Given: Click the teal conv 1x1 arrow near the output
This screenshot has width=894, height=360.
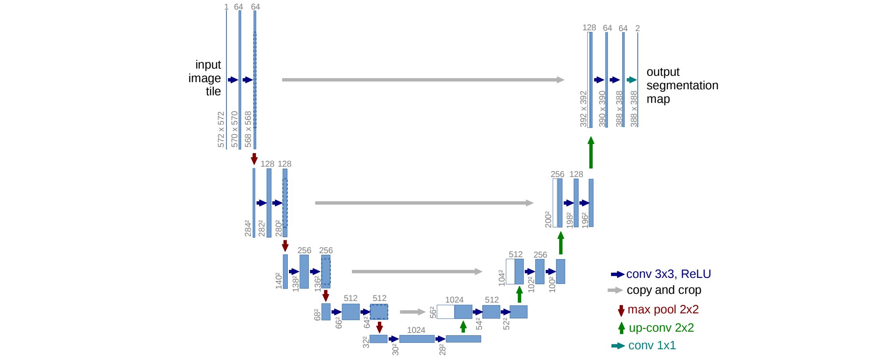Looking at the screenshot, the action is (x=632, y=80).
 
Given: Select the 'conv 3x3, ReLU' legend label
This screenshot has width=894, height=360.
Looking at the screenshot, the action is (x=668, y=274).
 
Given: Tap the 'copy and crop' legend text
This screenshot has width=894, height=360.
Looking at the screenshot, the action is (x=664, y=290).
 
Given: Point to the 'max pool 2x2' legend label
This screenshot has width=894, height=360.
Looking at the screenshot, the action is (x=663, y=309).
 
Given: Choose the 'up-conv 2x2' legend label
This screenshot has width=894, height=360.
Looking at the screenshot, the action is (x=662, y=328).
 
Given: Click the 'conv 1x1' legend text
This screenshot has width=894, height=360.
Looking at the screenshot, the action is (x=652, y=345).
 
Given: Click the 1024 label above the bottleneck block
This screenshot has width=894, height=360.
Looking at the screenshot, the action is (x=416, y=330).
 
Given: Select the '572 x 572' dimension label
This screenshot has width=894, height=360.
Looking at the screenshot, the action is (x=221, y=130).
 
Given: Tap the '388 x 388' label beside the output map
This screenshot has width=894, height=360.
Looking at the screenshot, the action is (x=634, y=109).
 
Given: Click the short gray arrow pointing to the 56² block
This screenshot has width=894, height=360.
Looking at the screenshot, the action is (x=413, y=312).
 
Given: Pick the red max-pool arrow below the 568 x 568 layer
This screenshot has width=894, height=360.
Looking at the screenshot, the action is (x=254, y=159).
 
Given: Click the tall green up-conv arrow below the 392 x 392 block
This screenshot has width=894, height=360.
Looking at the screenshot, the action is (x=591, y=152).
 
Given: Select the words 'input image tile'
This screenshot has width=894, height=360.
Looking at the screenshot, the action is (x=205, y=78).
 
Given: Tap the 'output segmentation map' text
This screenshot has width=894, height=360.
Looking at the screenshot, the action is (x=682, y=85).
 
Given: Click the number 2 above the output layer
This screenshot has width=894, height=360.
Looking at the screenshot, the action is (x=637, y=28).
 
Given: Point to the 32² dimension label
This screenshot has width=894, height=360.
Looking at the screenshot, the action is (x=366, y=342).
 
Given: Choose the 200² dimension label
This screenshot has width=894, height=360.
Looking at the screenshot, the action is (x=548, y=220).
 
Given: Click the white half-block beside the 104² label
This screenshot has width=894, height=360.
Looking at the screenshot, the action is (x=510, y=271).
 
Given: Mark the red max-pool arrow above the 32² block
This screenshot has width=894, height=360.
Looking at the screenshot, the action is (x=379, y=327).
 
